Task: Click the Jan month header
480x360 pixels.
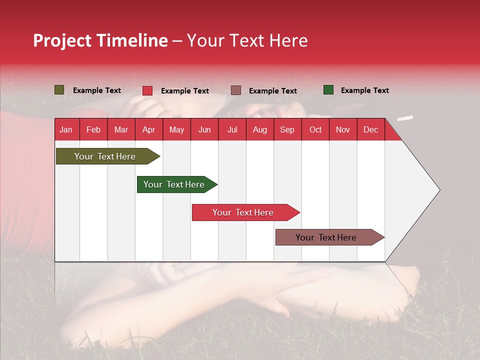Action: coord(66,129)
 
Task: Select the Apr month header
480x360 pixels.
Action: coord(149,129)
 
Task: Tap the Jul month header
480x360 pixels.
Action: coord(232,129)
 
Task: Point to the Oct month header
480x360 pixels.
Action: coord(315,129)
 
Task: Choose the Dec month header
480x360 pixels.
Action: coord(370,129)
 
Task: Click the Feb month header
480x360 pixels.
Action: coord(93,129)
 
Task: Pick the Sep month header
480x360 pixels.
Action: coord(287,129)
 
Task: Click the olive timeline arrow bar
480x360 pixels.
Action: coord(108,156)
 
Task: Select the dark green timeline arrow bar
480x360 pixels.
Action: coord(177,184)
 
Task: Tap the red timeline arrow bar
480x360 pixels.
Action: coord(246,212)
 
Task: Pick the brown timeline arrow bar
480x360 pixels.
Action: coord(330,237)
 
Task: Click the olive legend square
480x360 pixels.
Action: coord(59,90)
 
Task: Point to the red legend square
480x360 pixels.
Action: coord(147,90)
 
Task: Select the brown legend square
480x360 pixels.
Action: coord(236,90)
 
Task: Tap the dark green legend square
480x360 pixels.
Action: coord(328,90)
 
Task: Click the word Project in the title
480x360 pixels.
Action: coord(62,41)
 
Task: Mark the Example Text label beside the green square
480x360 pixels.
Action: coord(365,90)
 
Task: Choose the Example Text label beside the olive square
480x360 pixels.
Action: coord(97,90)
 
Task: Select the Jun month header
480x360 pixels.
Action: coord(204,129)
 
